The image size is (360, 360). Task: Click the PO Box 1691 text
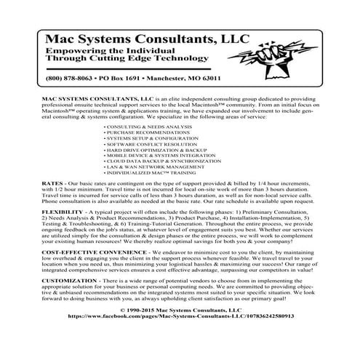coord(130,78)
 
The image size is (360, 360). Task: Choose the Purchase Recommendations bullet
coord(143,133)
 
